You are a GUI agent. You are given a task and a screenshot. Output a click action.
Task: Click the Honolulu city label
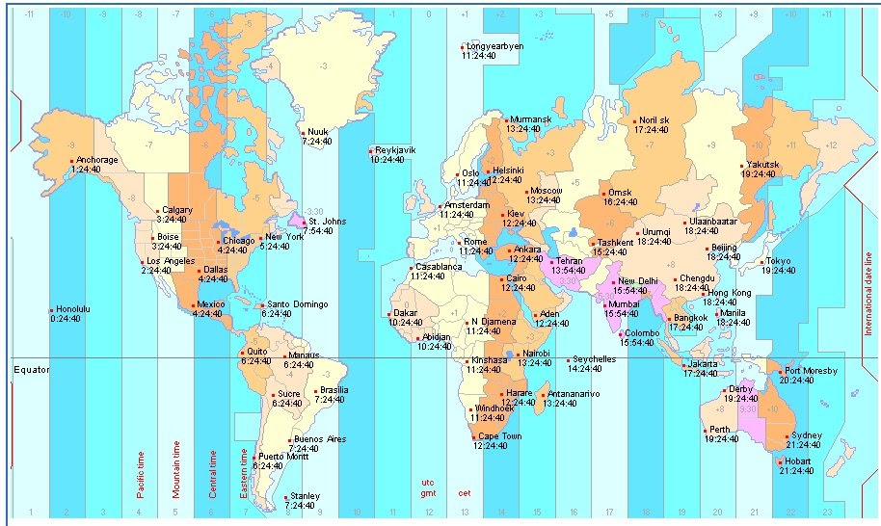click(x=72, y=309)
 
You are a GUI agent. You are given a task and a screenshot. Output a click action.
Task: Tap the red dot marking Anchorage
click(x=70, y=160)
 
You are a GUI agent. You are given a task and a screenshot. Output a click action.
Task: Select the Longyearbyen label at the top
click(x=494, y=46)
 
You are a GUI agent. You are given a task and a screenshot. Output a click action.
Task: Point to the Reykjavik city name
click(x=395, y=150)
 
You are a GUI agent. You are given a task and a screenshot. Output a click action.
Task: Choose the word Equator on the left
click(x=32, y=368)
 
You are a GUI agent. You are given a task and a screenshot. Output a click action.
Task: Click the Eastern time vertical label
click(x=246, y=475)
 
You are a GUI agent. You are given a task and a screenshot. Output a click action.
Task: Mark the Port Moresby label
click(x=811, y=370)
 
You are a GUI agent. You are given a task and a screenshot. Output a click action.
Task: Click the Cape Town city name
click(x=499, y=436)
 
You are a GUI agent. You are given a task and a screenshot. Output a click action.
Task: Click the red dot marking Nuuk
click(x=303, y=133)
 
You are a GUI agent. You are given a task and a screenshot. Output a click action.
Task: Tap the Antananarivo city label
click(x=574, y=393)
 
